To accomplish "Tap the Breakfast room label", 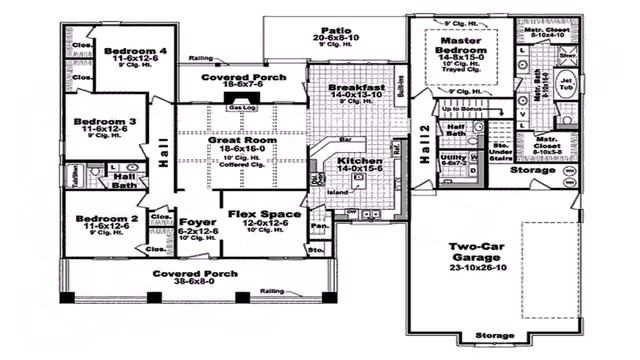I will point(357,88).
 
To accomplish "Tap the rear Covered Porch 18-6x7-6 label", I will point(242,76).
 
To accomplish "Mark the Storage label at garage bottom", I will point(494,335).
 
